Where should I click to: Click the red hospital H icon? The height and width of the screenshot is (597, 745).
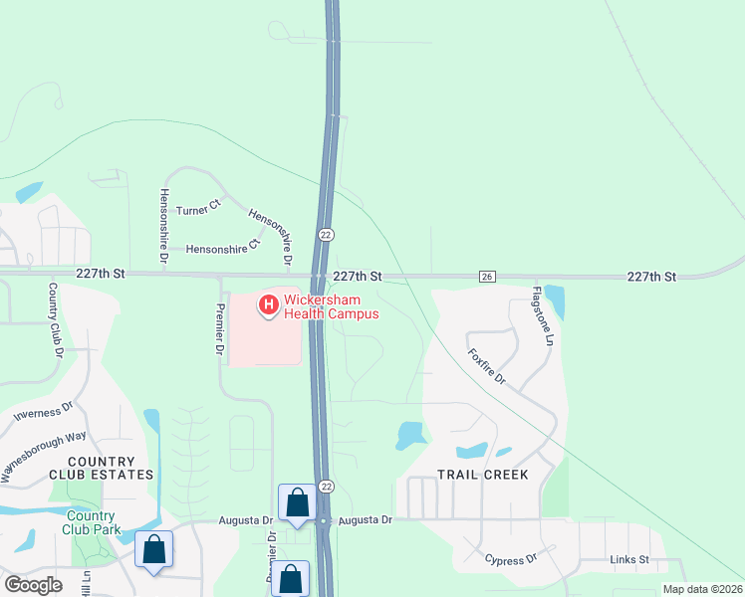(x=268, y=303)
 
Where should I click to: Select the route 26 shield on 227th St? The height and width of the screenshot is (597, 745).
(x=487, y=277)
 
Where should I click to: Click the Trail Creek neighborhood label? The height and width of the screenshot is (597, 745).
(x=483, y=475)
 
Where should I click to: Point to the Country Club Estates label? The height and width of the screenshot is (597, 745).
(x=102, y=469)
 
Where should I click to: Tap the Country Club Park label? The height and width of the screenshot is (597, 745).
(x=93, y=522)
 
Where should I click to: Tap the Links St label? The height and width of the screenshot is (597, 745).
(x=629, y=560)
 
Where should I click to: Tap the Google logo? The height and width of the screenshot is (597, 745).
(x=34, y=585)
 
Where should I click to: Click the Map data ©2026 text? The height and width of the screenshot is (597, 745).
(x=701, y=589)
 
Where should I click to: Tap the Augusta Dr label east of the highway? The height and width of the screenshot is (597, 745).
(x=365, y=520)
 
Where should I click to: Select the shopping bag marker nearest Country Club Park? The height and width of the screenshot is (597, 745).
(x=154, y=550)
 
